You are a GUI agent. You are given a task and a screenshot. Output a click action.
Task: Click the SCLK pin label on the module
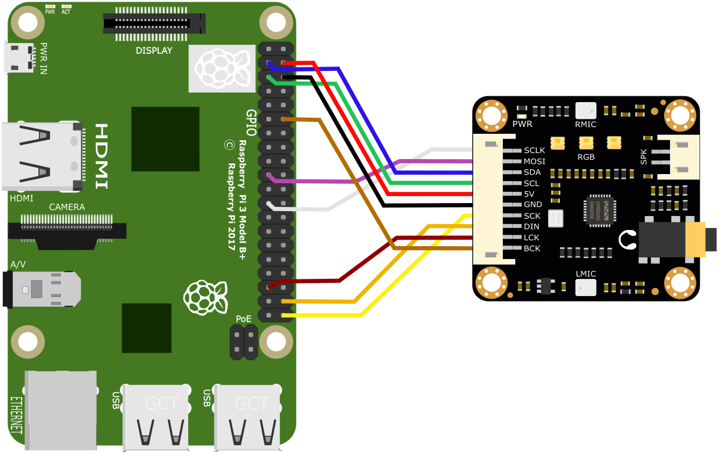click(534, 150)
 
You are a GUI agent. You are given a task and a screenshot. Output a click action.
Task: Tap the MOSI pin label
click(534, 161)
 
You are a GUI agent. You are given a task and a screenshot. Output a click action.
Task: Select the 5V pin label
click(529, 194)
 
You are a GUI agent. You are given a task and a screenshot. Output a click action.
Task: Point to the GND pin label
click(532, 205)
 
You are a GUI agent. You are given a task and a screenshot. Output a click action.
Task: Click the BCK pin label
click(532, 248)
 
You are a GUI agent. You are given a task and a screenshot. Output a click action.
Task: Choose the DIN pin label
click(531, 227)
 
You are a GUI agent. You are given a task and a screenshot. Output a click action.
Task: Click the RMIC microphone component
click(586, 110)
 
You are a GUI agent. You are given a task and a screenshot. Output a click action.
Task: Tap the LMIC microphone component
click(586, 287)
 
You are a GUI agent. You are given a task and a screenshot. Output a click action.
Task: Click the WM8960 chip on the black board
click(600, 212)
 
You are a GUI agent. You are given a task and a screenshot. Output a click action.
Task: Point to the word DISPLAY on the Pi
click(154, 51)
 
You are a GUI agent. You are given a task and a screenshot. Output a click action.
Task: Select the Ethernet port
click(60, 409)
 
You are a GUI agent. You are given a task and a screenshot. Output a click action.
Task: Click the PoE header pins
click(244, 342)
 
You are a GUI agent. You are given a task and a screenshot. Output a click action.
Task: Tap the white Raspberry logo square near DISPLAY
click(222, 68)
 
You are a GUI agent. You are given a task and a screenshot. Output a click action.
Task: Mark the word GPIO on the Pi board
click(251, 122)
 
